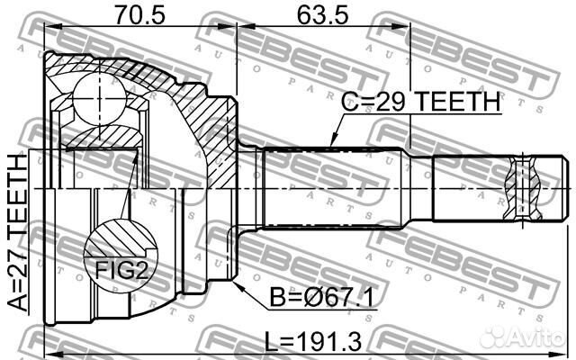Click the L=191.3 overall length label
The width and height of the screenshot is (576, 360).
[305, 343]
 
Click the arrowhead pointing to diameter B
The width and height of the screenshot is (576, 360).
[238, 287]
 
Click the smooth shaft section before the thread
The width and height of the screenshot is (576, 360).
[468, 187]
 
